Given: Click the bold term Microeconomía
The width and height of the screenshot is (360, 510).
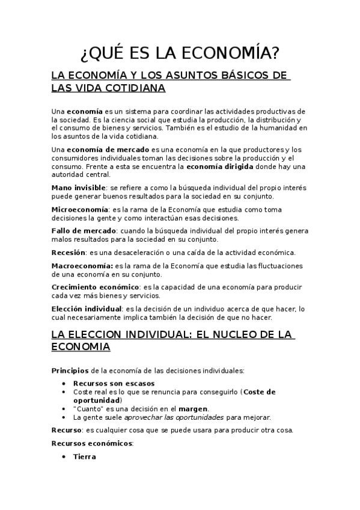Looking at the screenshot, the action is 80,209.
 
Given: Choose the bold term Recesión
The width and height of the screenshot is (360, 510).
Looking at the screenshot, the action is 68,252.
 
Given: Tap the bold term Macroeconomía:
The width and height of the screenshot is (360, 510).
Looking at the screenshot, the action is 82,266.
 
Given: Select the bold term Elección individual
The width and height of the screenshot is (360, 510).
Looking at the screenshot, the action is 87,309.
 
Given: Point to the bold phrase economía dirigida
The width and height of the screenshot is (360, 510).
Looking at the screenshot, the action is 219,166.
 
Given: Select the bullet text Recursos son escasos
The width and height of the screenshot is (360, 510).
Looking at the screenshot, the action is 114,383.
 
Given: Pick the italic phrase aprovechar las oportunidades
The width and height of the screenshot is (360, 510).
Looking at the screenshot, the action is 173,417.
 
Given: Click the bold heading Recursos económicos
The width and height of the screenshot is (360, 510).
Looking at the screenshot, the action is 92,444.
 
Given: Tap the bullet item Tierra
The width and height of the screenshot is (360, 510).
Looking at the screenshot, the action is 84,457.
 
